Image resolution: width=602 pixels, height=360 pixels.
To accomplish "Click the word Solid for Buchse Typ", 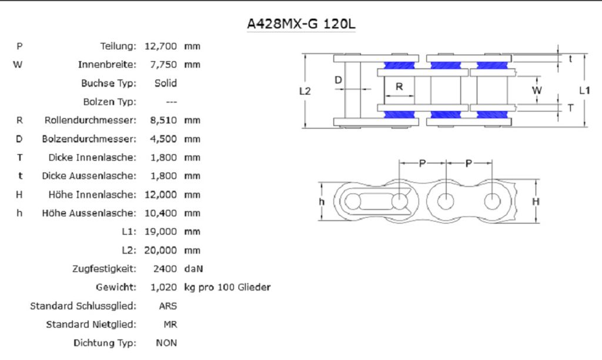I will tap(166, 83).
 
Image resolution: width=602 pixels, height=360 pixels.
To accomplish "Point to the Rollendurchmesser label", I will tap(90, 120).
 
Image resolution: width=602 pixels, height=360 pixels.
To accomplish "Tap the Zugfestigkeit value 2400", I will tap(165, 269).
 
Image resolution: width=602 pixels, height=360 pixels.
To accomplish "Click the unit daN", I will tap(193, 269).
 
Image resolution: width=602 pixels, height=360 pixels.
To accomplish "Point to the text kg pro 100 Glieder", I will tap(227, 288).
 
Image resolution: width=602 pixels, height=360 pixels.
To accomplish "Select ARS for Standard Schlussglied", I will tap(168, 306).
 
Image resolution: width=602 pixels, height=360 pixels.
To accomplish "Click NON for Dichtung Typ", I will tap(166, 343).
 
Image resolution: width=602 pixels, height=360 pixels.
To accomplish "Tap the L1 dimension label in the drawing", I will tap(584, 91).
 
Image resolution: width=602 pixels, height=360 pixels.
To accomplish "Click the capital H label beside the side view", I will tap(536, 201).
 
